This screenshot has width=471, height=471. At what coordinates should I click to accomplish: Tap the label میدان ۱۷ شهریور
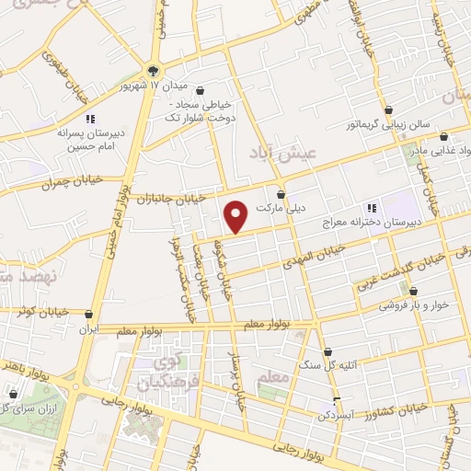tap(192, 86)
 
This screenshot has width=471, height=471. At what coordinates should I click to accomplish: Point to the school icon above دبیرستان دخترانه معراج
tap(373, 208)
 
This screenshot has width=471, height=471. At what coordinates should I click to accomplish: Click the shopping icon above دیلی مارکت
tap(281, 195)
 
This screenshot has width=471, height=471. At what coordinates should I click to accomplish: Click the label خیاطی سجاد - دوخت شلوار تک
tap(201, 111)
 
